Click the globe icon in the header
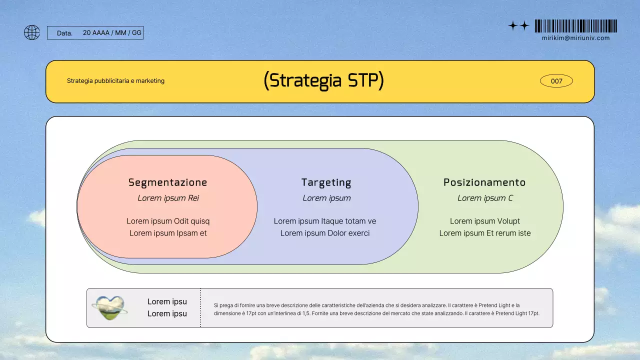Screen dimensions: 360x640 (32, 32)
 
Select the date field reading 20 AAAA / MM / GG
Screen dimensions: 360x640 (112, 33)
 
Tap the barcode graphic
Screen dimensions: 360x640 (575, 26)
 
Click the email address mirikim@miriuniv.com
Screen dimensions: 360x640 (575, 38)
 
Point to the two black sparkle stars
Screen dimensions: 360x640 (518, 26)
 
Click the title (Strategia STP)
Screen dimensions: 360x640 (323, 80)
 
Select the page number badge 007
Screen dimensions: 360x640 (556, 81)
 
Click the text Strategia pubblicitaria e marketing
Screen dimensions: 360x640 (115, 81)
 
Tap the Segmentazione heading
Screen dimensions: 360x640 (167, 182)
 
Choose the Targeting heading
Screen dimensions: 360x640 (326, 182)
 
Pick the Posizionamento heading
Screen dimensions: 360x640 (484, 182)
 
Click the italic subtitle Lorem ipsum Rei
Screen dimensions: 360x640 (168, 198)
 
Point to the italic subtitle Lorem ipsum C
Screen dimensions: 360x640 (485, 198)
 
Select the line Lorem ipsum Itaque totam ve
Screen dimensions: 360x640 (325, 221)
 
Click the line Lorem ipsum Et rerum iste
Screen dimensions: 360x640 (485, 233)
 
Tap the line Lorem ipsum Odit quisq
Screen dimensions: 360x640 (168, 221)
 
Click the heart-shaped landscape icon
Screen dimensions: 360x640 (109, 308)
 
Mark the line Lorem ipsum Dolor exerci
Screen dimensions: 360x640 (325, 233)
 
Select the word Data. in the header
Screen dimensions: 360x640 (64, 33)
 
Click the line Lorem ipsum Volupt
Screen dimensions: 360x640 (485, 221)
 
